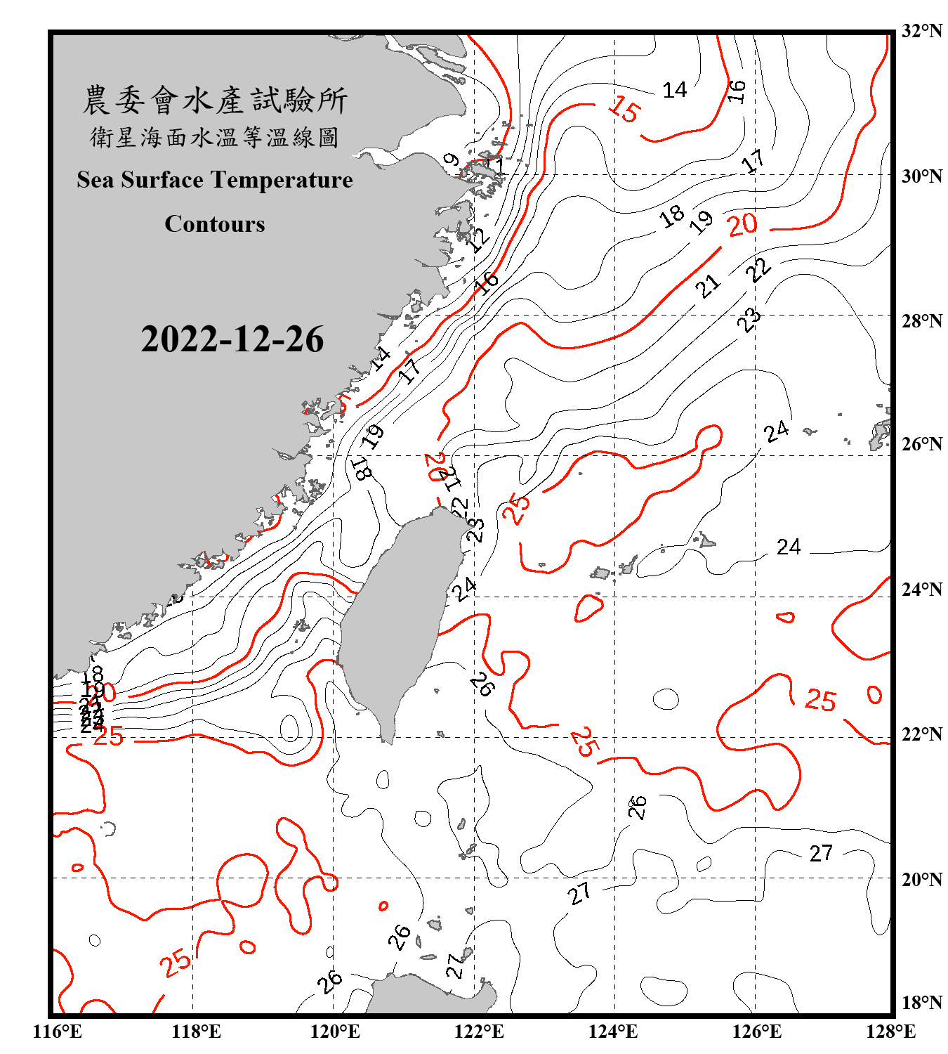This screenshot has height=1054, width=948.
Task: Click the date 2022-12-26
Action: [232, 339]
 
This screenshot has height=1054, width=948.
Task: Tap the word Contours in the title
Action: [215, 223]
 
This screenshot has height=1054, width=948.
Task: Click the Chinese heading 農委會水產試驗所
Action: [215, 100]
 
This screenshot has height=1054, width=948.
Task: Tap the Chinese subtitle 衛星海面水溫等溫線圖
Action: [215, 137]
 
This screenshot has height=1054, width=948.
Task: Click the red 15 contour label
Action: [624, 110]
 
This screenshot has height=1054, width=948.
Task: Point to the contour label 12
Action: [479, 239]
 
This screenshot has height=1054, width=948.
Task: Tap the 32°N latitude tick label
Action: [921, 31]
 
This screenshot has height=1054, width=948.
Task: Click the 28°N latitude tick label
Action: [921, 321]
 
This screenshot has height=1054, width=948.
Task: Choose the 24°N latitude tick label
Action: [921, 590]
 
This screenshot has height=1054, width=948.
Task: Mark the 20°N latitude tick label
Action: [921, 879]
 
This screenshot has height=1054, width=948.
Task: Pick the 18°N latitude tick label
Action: [921, 1003]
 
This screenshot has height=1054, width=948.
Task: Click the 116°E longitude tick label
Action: [58, 1032]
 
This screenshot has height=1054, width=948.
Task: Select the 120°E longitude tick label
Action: [335, 1032]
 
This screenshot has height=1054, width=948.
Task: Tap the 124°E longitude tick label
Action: [614, 1032]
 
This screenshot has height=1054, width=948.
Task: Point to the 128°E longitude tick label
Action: [891, 1032]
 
